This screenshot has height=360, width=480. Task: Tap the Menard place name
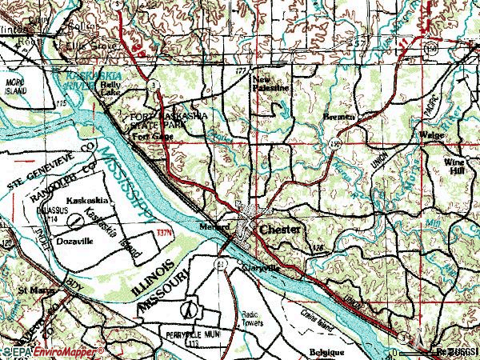210,226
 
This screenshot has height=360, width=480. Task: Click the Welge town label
432,135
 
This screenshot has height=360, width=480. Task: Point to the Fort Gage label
151,137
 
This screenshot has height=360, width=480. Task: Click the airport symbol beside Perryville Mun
190,308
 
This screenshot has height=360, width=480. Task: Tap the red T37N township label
165,234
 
